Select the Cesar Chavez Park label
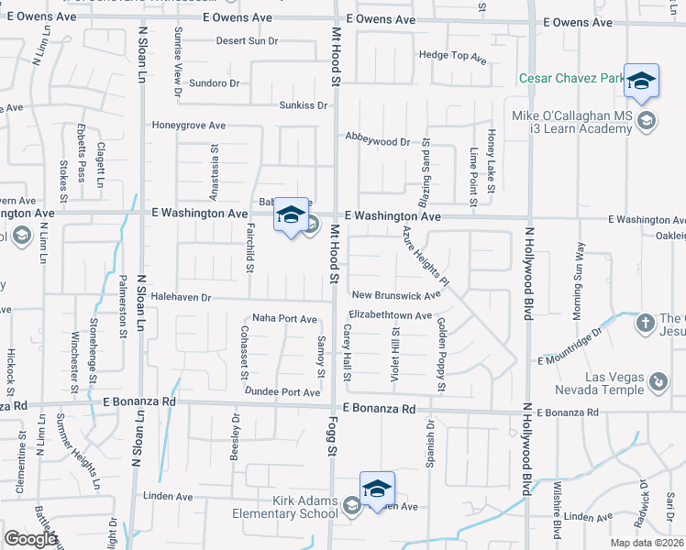[x=571, y=79]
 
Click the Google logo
[x=30, y=539]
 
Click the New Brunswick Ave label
[x=396, y=295]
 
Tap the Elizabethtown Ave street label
[x=390, y=314]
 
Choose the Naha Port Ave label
[x=284, y=318]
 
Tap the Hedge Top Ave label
[x=452, y=55]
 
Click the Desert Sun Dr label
[x=247, y=41]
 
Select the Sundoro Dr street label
[x=214, y=82]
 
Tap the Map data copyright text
[x=647, y=543]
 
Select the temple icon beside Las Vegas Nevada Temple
[x=658, y=380]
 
